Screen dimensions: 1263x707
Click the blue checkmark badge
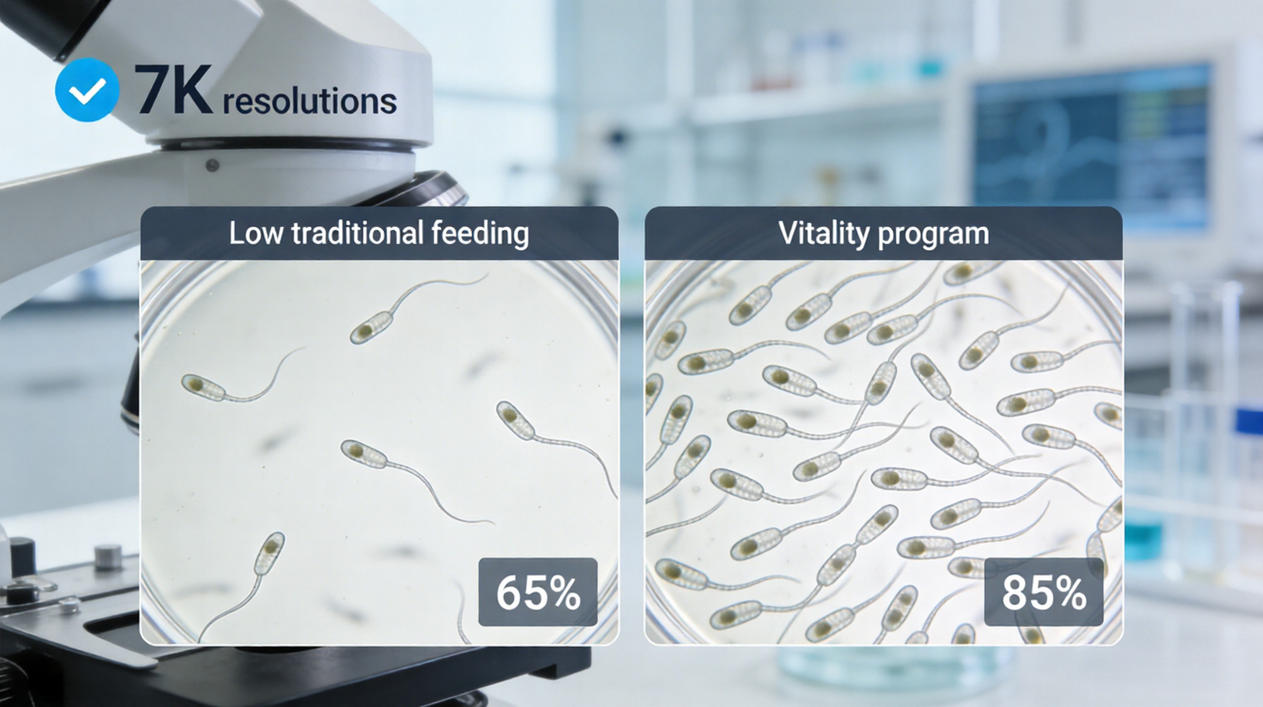(x=87, y=90)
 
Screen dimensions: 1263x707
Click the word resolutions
(x=309, y=101)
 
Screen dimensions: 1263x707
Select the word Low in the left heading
(x=255, y=233)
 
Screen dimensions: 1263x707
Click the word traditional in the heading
(x=357, y=233)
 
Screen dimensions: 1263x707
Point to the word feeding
(x=480, y=234)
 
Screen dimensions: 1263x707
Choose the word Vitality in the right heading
(x=824, y=234)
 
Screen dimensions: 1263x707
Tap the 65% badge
(x=538, y=592)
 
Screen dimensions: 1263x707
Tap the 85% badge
(x=1044, y=592)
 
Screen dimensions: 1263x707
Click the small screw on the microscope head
(x=213, y=165)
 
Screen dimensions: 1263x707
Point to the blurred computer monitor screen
(x=1091, y=148)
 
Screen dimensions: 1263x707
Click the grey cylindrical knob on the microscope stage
(x=108, y=557)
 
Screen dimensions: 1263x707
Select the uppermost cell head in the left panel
(x=371, y=328)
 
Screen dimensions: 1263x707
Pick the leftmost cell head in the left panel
(x=203, y=387)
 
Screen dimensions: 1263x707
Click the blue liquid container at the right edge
(x=1143, y=540)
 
